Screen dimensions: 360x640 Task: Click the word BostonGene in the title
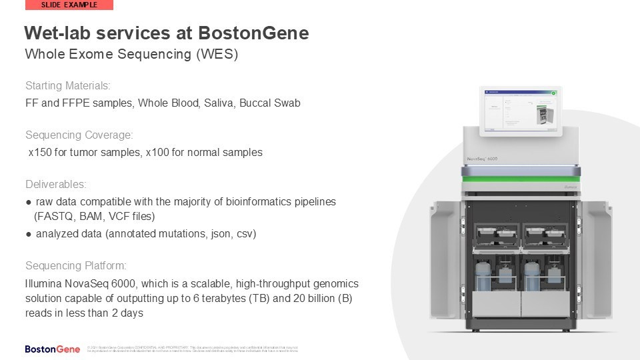point(253,33)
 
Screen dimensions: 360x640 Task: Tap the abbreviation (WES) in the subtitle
point(217,55)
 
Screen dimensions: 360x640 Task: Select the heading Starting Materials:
point(67,86)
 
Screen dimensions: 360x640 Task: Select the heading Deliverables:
point(56,185)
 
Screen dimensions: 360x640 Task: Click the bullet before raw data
point(29,201)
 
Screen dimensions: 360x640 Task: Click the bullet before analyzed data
point(29,234)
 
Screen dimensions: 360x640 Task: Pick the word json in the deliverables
point(211,234)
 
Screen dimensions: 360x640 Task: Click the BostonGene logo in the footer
point(53,349)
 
